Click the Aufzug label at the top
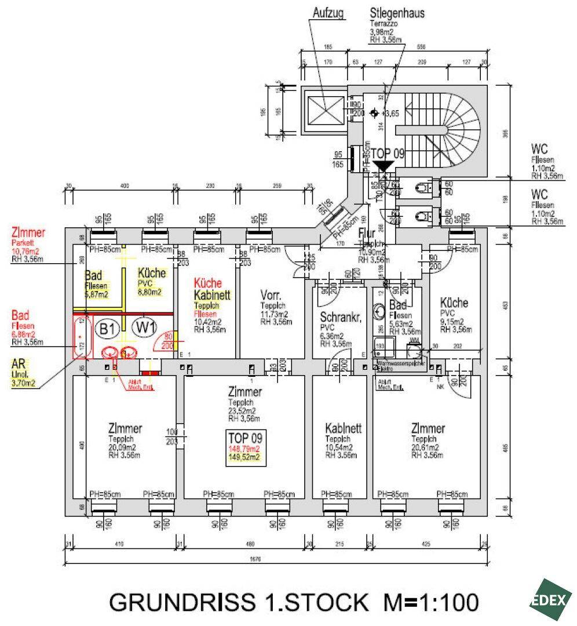(328, 12)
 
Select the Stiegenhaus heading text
(398, 13)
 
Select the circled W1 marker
(145, 327)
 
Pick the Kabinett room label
(344, 429)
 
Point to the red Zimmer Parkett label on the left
(28, 234)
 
